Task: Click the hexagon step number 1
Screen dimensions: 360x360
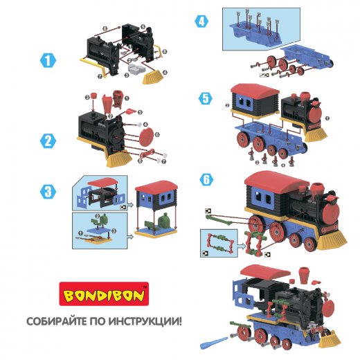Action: coord(48,60)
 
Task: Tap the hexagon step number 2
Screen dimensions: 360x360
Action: coord(48,141)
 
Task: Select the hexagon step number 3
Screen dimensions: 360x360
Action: coord(48,192)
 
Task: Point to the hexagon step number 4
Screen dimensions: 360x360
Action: coord(201,21)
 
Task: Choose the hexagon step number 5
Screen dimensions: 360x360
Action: coord(206,98)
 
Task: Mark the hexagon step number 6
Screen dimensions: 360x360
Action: coord(206,179)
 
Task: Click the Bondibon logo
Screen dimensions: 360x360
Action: coord(104,294)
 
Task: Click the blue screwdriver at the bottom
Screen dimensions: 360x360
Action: coord(213,343)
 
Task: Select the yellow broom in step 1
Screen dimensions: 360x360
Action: coord(154,78)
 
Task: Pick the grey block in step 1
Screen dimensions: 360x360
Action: coord(137,69)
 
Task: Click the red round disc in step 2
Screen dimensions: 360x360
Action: coord(147,137)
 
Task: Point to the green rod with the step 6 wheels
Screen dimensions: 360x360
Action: coord(219,219)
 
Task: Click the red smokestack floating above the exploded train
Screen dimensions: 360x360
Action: coord(304,274)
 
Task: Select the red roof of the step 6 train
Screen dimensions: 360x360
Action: coord(276,180)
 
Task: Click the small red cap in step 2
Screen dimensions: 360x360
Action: coord(93,96)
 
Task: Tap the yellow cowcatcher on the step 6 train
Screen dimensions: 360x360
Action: coord(332,241)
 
